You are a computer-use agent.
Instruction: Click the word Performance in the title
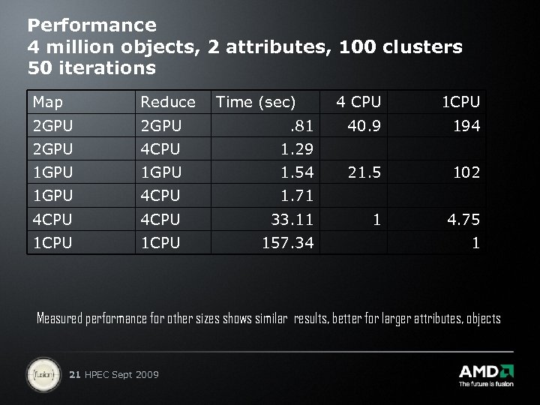tap(92, 25)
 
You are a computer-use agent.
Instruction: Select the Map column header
tap(48, 102)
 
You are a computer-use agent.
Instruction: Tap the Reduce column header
tap(168, 102)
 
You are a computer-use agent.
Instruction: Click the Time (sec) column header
tap(256, 102)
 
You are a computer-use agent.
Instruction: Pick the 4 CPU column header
tap(358, 101)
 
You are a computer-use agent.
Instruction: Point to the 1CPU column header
tap(460, 101)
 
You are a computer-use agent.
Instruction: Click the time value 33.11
tap(292, 220)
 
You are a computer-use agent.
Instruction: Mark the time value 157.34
tap(287, 244)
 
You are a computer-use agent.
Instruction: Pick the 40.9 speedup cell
tap(364, 125)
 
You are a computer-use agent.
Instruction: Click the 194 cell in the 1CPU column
tap(466, 125)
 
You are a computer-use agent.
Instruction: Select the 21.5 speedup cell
tap(364, 172)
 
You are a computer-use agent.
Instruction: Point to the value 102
tap(466, 172)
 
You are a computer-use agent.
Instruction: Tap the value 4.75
tap(463, 220)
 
